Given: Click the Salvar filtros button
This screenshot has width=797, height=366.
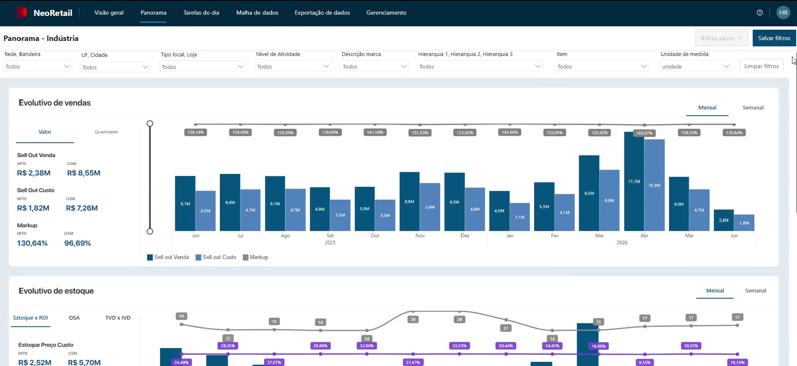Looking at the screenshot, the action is pos(774,38).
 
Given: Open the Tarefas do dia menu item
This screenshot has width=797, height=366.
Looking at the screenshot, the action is pos(201,13).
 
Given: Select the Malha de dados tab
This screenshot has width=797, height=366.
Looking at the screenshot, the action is pos(257,13).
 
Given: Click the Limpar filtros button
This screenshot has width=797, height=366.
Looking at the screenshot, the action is pos(761,66).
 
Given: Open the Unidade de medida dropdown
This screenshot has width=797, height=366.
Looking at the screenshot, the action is pos(695,66).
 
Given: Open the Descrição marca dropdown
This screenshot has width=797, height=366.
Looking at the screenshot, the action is pos(374,66).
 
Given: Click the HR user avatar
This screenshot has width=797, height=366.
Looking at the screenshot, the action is pos(783,13).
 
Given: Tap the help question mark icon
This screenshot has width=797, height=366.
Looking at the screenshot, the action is pos(760,13).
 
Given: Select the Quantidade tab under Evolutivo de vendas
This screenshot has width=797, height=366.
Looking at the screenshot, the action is pos(106,132).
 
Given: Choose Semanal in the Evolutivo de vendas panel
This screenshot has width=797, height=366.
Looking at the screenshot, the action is pos(753,107).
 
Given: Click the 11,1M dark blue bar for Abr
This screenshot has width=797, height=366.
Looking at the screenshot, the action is pos(634,181).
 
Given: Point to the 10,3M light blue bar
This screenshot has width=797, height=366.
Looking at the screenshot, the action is pos(654,185).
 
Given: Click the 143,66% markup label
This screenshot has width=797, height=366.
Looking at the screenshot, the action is pos(510,132).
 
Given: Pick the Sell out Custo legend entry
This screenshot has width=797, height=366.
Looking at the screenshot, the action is pos(216,257).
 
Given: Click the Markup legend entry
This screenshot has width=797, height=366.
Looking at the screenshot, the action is pos(255,257).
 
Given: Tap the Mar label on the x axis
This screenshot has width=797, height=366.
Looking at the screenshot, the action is pos(599,236).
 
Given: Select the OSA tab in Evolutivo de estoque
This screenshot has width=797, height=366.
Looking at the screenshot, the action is pos(74,318).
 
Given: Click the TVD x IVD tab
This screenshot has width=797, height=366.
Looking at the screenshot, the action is pos(118,318).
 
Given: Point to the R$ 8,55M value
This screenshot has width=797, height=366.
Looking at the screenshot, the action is pos(84,173).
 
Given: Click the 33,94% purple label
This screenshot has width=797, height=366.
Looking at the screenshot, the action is pos(367,346).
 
